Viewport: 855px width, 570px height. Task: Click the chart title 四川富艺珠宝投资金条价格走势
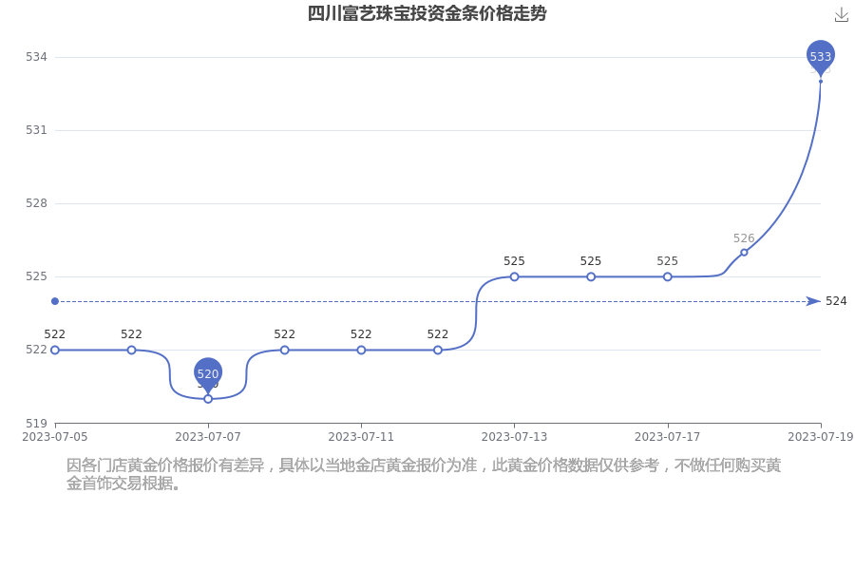click(x=427, y=13)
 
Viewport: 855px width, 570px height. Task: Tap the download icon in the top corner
click(x=842, y=15)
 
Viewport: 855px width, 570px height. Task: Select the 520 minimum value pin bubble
click(x=208, y=373)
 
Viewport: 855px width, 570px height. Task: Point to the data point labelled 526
click(x=744, y=252)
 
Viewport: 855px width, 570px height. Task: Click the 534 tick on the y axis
click(x=36, y=57)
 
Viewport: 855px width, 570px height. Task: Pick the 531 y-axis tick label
click(x=36, y=130)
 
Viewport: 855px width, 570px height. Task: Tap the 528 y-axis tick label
click(x=36, y=203)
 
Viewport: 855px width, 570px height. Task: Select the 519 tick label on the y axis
click(x=36, y=424)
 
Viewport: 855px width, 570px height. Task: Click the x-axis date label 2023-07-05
click(x=54, y=437)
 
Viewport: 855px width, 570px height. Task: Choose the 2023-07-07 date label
click(x=208, y=437)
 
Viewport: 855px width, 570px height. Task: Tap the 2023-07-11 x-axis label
click(x=361, y=437)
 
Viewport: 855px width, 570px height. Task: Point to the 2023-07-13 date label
click(x=514, y=437)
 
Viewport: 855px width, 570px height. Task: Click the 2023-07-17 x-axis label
click(x=668, y=437)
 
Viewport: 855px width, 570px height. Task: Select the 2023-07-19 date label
click(x=821, y=437)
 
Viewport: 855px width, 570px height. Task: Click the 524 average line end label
click(x=836, y=301)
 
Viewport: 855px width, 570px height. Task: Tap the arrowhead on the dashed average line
click(x=813, y=301)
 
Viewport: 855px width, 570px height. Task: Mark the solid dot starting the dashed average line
click(x=55, y=301)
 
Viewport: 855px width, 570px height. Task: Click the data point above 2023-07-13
click(x=514, y=276)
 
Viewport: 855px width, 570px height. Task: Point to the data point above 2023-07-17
click(x=668, y=276)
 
